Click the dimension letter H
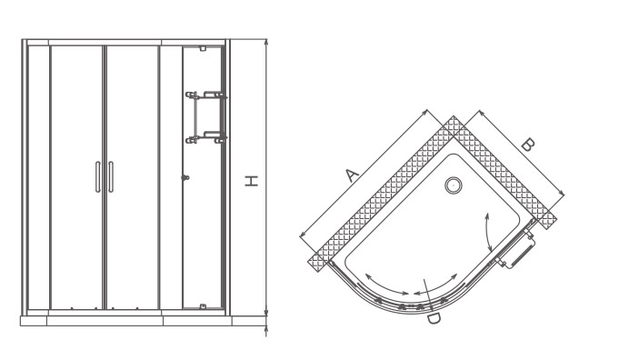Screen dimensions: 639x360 (x=252, y=181)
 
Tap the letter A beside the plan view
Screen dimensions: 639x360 (x=352, y=175)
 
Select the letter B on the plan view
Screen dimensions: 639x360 (x=528, y=145)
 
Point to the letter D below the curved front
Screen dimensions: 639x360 (x=434, y=319)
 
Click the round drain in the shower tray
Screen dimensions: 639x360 (x=453, y=185)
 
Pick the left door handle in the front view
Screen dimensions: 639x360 (x=98, y=177)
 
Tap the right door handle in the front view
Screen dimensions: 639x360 (x=111, y=177)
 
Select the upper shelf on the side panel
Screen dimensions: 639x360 (x=205, y=95)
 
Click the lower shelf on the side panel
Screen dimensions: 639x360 (x=205, y=138)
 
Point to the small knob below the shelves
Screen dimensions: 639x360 (x=185, y=178)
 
